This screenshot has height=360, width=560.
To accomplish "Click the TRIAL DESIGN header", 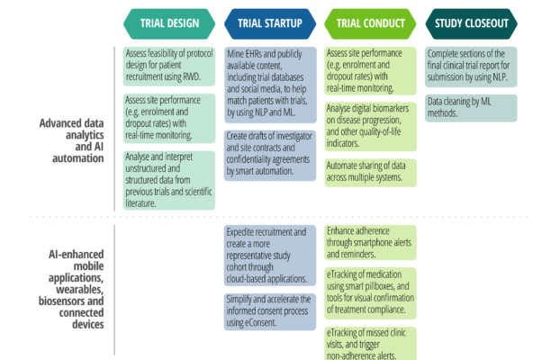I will click(x=168, y=24).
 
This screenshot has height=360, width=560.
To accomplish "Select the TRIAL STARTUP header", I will click(x=269, y=24).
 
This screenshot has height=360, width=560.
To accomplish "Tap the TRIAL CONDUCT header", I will click(x=370, y=24).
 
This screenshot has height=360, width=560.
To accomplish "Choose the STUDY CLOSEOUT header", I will click(x=471, y=24).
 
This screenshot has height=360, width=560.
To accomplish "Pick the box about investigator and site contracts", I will click(x=268, y=153).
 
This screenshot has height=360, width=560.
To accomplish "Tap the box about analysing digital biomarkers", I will click(x=370, y=125).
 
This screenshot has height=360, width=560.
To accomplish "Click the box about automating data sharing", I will click(x=370, y=172).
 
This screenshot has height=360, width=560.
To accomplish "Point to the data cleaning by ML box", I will click(x=472, y=107).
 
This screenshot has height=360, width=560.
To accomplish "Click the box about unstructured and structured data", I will click(x=169, y=179).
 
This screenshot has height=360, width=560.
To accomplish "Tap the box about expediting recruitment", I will click(x=268, y=255).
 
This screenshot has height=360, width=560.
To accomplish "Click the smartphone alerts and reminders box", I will click(x=370, y=241).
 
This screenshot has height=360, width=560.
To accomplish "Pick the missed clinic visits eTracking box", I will click(x=370, y=343).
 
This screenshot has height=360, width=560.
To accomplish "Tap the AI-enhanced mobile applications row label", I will click(x=68, y=288).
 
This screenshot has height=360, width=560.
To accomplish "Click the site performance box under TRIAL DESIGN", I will click(x=169, y=117).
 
